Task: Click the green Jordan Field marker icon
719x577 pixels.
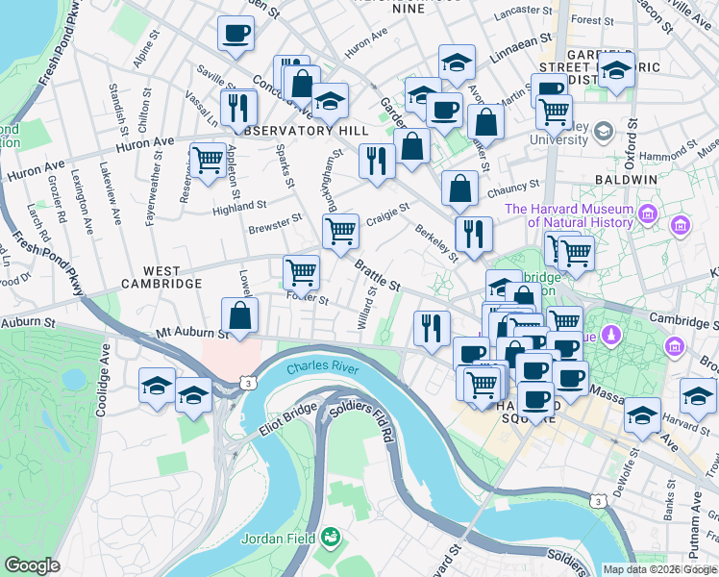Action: [331, 536]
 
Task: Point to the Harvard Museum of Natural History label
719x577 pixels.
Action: [569, 216]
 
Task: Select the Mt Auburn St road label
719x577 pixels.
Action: [193, 335]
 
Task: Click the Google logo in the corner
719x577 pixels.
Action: [32, 565]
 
